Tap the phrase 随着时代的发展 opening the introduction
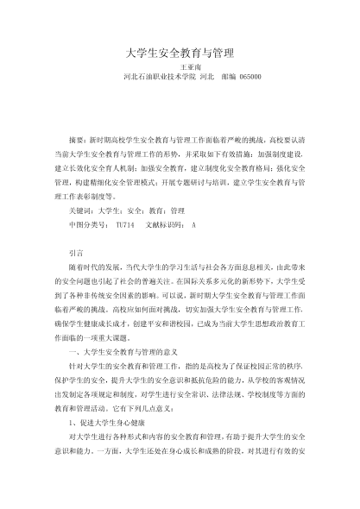(x=96, y=269)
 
